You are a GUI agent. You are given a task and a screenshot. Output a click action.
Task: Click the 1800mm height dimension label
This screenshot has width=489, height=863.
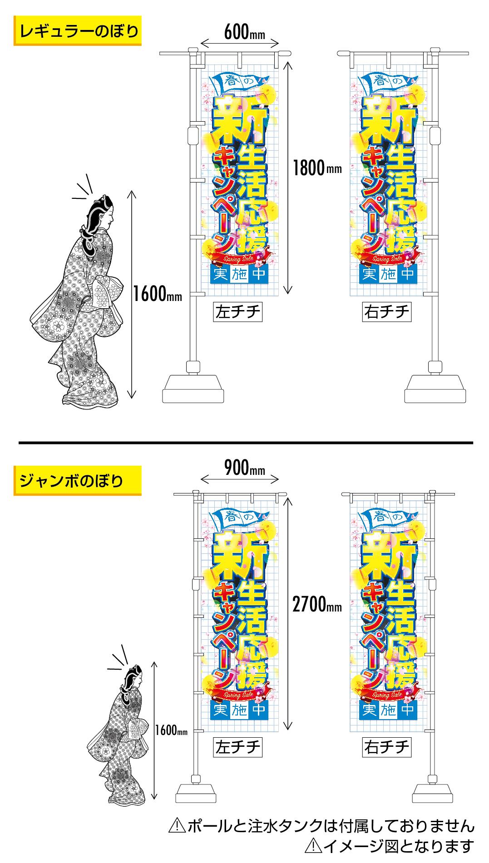(x=317, y=168)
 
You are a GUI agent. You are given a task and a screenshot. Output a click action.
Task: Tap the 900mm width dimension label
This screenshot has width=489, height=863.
(x=244, y=468)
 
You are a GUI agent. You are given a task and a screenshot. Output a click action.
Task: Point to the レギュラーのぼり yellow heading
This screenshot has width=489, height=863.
(x=78, y=31)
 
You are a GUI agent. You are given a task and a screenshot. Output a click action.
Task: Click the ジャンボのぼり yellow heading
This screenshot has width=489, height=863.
(x=78, y=480)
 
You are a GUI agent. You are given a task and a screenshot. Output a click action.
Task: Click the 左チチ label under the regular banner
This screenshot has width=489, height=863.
(x=238, y=312)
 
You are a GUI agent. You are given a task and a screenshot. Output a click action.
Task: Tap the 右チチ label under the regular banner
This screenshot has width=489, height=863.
(x=387, y=312)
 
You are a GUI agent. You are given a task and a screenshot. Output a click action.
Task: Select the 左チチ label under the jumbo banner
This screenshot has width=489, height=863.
(x=238, y=747)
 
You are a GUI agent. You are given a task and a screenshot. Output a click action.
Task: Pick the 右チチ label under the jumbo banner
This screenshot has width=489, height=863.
(x=387, y=747)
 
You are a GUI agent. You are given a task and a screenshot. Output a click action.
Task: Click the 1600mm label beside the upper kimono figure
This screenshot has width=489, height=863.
(x=157, y=296)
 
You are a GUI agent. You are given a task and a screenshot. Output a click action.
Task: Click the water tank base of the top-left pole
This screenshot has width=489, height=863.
(x=193, y=388)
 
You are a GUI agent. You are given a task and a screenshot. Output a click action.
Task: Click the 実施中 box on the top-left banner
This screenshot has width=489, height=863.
(x=239, y=274)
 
